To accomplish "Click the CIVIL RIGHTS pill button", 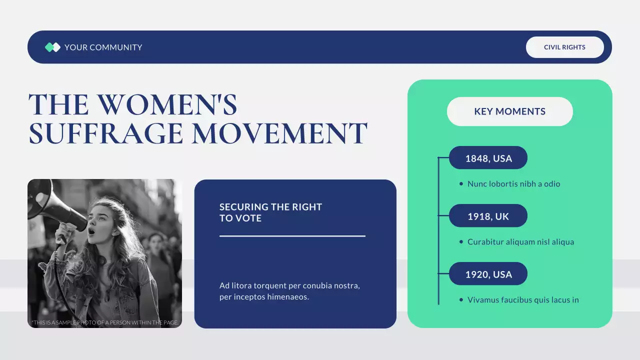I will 564,47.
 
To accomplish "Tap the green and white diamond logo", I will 52,47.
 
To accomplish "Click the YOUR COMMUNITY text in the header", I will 103,47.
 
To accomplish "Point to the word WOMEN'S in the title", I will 167,104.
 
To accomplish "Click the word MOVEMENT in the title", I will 279,133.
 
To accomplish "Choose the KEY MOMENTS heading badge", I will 509,111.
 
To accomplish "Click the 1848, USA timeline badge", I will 488,158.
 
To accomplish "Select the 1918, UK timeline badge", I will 488,216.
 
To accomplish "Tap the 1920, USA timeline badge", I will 488,274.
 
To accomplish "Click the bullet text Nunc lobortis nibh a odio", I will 513,184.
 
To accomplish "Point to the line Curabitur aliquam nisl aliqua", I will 520,242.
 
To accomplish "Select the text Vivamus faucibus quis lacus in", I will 523,300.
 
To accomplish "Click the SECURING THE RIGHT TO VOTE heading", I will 270,212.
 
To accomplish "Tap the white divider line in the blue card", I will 292,236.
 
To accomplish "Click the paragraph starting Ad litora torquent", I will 289,291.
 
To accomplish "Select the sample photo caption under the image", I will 104,322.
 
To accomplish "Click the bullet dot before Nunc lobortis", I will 461,184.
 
